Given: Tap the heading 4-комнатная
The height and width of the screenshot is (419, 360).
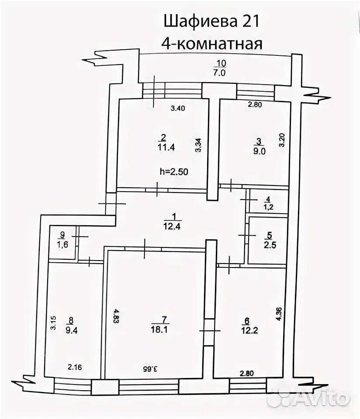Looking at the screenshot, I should (213, 44).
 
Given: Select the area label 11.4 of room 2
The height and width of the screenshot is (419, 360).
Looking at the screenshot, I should (166, 147).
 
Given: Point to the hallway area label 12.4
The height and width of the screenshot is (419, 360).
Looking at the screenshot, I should (173, 226).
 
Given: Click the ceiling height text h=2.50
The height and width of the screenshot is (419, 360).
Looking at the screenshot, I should (174, 172).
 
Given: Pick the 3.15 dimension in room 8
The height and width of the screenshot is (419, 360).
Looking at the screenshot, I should (53, 323).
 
